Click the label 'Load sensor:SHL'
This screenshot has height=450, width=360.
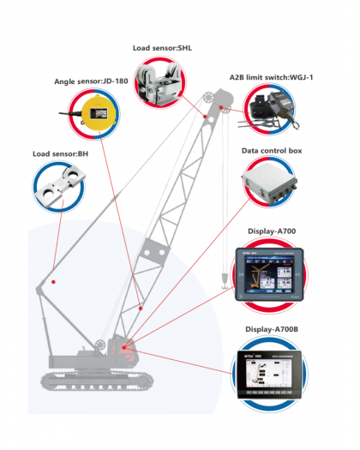coord(164,50)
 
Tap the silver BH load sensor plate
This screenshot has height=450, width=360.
coord(60,187)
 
